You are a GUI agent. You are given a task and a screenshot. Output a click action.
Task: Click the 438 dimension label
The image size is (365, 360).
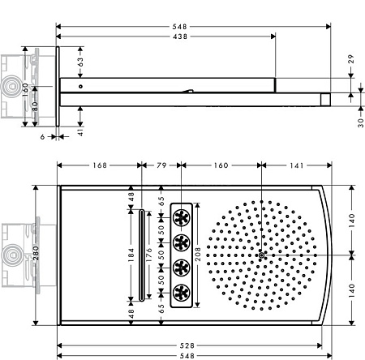180,36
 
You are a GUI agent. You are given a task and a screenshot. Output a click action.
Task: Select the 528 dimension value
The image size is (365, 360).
187,345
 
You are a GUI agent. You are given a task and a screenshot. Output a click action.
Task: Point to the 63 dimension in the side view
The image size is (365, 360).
80,62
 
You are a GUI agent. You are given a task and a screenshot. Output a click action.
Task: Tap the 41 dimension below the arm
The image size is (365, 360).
80,132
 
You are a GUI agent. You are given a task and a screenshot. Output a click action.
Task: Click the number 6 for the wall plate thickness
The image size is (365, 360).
42,137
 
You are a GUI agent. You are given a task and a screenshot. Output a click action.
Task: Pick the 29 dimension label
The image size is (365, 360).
350,59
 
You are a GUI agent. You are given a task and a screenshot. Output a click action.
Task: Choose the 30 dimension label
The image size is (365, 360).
361,122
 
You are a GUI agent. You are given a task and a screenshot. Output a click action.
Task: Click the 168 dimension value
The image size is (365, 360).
100,165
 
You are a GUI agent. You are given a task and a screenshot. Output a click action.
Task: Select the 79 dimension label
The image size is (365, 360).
161,165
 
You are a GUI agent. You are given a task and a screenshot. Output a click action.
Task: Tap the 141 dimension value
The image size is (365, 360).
297,165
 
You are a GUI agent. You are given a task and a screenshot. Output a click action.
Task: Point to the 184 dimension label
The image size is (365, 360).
131,255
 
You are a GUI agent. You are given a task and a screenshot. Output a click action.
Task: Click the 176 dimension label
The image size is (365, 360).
148,255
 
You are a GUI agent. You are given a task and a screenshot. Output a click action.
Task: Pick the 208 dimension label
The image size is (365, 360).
198,254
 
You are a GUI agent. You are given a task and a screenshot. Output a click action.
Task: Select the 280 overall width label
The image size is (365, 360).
36,253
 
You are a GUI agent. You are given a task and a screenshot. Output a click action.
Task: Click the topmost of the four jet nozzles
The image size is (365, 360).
182,217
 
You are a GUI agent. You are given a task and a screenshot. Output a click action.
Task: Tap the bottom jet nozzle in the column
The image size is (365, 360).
182,293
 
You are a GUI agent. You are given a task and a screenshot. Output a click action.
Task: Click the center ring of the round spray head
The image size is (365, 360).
261,255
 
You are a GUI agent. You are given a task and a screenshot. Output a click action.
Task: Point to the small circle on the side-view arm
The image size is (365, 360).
80,87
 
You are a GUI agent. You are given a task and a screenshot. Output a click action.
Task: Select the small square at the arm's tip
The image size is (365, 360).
325,99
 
